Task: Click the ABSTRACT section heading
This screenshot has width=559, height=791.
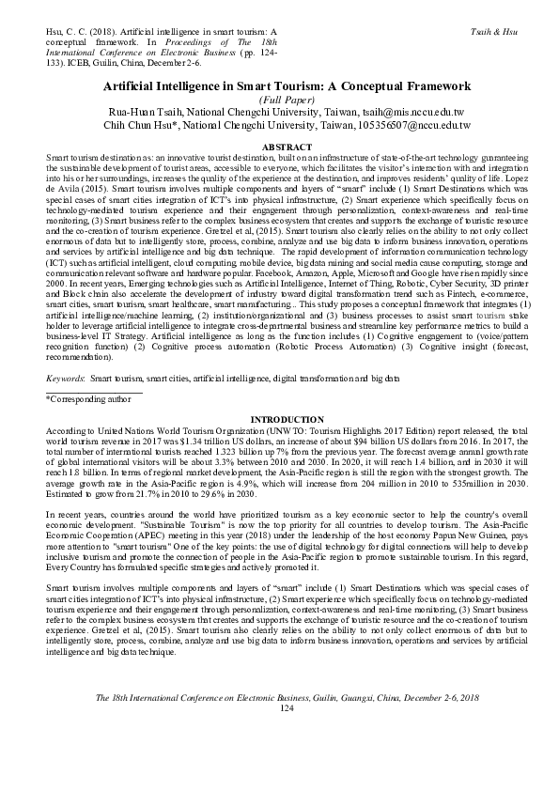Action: click(279, 147)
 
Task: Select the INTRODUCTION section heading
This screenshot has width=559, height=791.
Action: click(279, 418)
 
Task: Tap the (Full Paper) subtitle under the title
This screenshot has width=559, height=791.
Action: click(279, 97)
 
